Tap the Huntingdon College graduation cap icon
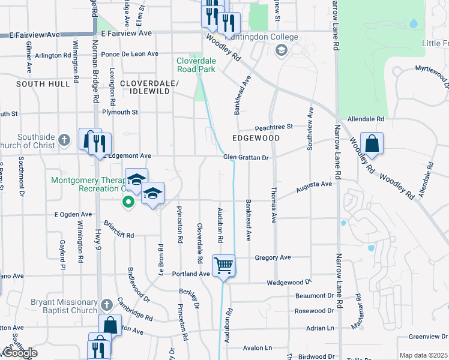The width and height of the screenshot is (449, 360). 280,50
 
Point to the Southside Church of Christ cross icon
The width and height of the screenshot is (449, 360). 66,141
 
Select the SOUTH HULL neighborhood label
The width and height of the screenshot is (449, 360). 43,84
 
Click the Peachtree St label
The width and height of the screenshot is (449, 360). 273,127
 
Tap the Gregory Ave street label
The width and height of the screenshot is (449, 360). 273,257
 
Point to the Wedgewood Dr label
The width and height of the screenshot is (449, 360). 289,282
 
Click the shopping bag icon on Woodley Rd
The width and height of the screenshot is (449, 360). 372,143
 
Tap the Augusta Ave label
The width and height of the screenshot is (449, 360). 314,188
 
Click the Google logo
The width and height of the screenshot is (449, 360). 20,353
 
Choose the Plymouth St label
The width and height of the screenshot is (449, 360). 120,112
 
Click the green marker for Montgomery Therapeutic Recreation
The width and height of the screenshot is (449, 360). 128,202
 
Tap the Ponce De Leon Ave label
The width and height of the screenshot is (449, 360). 130,54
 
